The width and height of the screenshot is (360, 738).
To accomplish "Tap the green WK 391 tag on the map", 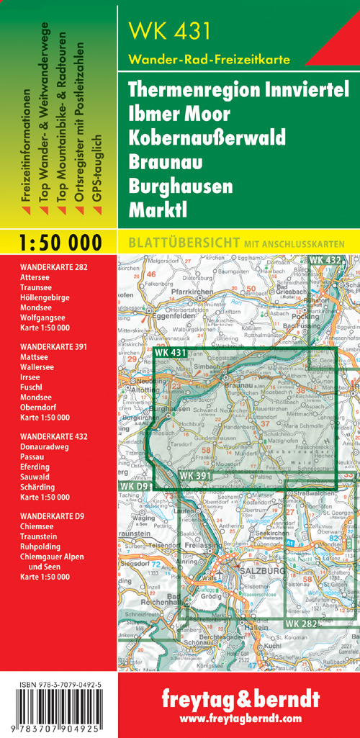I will [x=195, y=476].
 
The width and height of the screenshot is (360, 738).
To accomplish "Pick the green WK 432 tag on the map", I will [x=325, y=259].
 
